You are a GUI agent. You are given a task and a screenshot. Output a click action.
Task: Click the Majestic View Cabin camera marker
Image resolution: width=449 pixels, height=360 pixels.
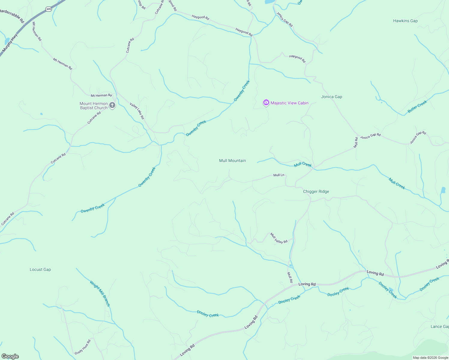click(x=266, y=103)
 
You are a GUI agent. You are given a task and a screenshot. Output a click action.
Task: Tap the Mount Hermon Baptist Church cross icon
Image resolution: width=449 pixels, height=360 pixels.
click(x=112, y=105)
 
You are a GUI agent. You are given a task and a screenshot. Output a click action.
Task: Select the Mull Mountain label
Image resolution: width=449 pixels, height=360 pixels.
click(x=232, y=161)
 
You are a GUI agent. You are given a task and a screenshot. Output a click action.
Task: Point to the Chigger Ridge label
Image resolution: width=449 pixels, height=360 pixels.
click(x=316, y=192)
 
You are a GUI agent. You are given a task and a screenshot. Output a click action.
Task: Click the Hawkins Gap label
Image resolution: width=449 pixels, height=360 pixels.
click(x=405, y=21)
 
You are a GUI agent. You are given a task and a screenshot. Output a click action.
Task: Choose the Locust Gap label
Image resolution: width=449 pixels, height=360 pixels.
click(x=40, y=270)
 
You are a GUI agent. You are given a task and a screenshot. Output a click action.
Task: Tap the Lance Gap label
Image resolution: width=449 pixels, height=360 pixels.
click(x=439, y=327)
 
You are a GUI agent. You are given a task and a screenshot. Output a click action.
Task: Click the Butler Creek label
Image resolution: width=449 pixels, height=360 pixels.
click(x=417, y=107)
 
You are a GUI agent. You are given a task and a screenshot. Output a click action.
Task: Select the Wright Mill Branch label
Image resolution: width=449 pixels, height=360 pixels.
click(x=100, y=293)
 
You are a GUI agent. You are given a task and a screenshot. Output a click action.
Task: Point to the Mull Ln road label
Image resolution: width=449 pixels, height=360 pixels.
click(x=279, y=175)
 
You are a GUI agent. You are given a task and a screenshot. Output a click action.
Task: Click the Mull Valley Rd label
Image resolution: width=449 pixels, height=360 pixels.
click(x=279, y=238)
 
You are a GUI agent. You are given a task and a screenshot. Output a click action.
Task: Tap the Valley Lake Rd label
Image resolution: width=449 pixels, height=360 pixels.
click(x=137, y=111)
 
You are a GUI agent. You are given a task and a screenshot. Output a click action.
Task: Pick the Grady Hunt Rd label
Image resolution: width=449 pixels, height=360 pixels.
click(x=83, y=347)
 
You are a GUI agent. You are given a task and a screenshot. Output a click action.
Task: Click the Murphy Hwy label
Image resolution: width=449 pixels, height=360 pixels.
click(x=10, y=44)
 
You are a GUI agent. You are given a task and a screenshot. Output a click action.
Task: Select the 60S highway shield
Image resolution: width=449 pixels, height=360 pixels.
click(x=49, y=9)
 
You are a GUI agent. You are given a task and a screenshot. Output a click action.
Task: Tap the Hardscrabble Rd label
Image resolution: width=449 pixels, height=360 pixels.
click(x=12, y=16)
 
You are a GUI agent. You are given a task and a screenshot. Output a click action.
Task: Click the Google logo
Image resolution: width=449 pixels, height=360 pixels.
click(x=10, y=356)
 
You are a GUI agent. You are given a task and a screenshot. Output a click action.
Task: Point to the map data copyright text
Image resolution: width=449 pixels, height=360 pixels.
click(x=430, y=358)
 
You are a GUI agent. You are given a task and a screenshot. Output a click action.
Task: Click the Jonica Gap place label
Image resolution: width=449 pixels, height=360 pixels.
click(x=331, y=97)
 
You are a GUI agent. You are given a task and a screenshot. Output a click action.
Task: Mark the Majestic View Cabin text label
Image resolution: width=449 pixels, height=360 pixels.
click(x=289, y=103)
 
